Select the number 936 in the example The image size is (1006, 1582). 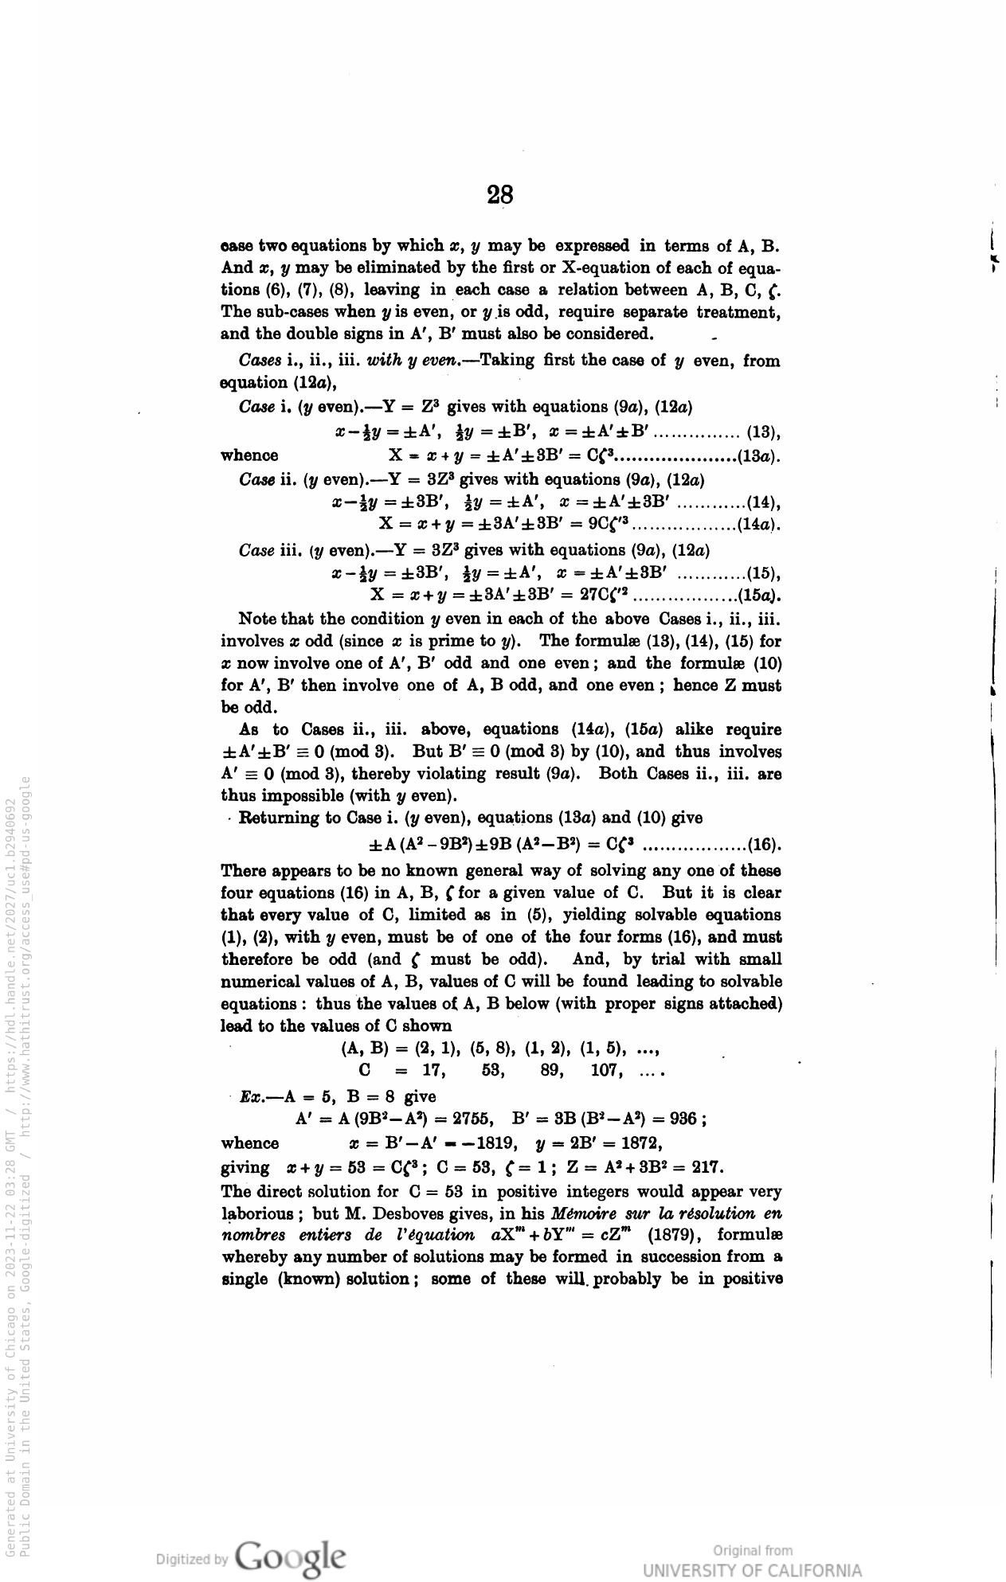pos(684,1119)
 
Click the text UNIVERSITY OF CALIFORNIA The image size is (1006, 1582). pos(752,1571)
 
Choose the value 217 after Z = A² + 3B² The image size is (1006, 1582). pos(707,1168)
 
